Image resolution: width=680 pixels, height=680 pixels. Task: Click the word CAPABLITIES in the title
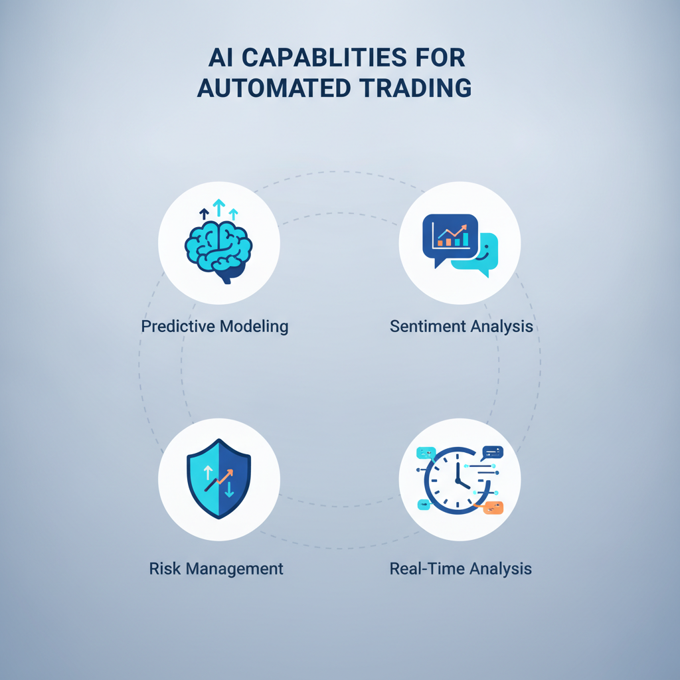coord(324,57)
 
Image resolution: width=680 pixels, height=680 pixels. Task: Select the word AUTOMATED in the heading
coord(274,88)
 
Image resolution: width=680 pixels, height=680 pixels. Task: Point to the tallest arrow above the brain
coord(219,207)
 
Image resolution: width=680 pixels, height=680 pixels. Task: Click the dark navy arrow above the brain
coord(204,214)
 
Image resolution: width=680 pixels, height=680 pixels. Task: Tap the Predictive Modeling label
coord(214,326)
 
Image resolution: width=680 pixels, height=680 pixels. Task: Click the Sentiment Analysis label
coord(462,326)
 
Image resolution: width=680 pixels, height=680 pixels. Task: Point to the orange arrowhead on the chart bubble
coord(464,227)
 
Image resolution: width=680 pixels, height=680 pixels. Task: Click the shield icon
coord(218,478)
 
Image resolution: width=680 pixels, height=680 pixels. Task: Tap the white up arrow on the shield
coord(208,472)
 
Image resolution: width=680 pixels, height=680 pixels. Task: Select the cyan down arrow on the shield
coord(229,488)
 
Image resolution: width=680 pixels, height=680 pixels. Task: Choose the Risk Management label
coord(216,568)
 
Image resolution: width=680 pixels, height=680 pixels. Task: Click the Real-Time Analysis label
coord(461,568)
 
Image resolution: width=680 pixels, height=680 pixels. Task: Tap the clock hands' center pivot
coord(458,480)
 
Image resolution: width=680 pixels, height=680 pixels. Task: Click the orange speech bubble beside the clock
coord(493,507)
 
